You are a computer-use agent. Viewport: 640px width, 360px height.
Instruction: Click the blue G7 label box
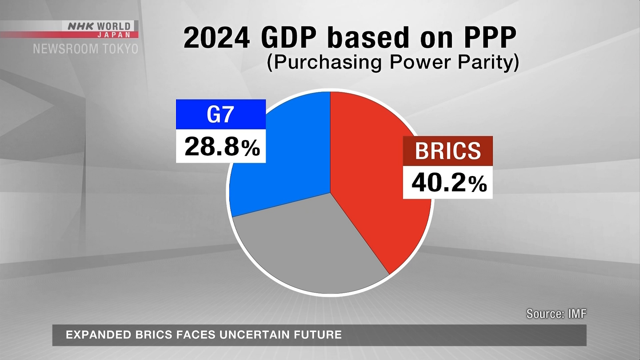pyautogui.click(x=221, y=114)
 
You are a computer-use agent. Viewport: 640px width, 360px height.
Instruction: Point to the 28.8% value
pyautogui.click(x=222, y=147)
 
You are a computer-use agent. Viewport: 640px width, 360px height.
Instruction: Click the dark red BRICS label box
pyautogui.click(x=448, y=151)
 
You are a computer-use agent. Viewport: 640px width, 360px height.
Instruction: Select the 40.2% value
pyautogui.click(x=449, y=183)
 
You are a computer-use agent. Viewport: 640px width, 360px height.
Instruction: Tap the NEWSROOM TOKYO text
pyautogui.click(x=86, y=49)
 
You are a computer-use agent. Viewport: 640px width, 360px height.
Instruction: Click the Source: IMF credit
pyautogui.click(x=556, y=314)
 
